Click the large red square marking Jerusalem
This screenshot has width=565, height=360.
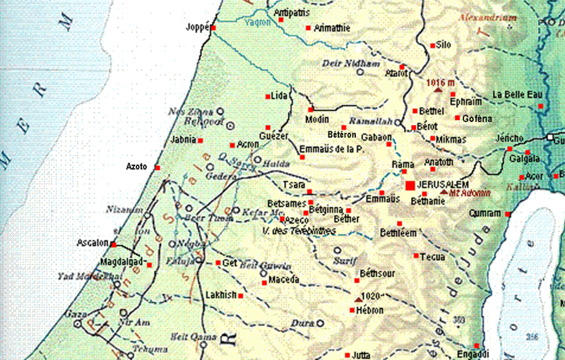click(x=410, y=185)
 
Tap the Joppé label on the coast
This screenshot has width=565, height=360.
click(x=197, y=28)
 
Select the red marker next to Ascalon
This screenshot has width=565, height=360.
click(x=113, y=244)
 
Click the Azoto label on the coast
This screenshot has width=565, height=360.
click(x=136, y=167)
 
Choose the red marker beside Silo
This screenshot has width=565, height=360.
click(x=433, y=46)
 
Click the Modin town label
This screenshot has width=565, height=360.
click(x=316, y=119)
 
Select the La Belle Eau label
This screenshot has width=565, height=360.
click(x=517, y=95)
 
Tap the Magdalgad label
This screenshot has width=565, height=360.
click(x=126, y=262)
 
